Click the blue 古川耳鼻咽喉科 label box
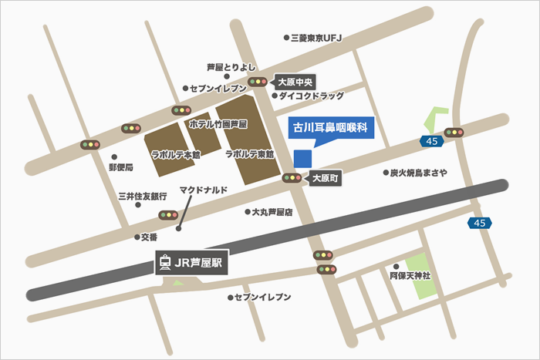click(x=330, y=128)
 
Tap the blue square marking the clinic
click(x=303, y=157)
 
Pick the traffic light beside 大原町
click(x=292, y=178)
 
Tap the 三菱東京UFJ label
click(x=316, y=37)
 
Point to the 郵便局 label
click(x=121, y=167)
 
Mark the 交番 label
click(x=149, y=237)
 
